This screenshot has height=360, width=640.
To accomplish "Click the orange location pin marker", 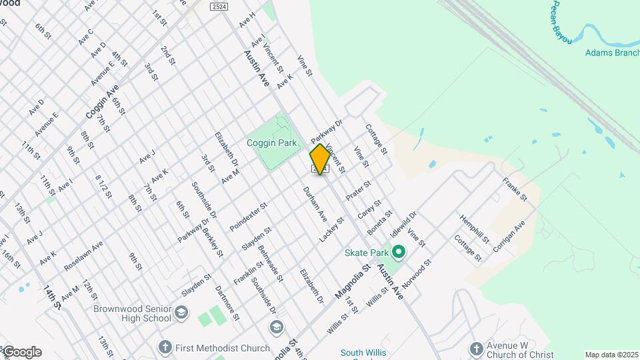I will [x=320, y=159].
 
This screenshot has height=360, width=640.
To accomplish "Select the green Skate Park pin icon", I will [x=399, y=253].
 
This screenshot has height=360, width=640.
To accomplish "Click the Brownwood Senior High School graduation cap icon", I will [x=181, y=313].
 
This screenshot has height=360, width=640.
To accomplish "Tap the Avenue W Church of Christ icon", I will [x=476, y=348].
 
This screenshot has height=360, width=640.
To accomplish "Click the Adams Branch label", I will [x=610, y=53].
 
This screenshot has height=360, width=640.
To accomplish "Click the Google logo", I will [x=21, y=352].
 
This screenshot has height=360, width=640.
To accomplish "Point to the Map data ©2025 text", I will [x=611, y=355].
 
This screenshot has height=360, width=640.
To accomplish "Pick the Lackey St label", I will [x=331, y=229].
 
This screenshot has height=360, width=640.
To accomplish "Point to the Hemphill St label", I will [x=475, y=229].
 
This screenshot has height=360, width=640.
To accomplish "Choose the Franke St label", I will [x=515, y=189].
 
